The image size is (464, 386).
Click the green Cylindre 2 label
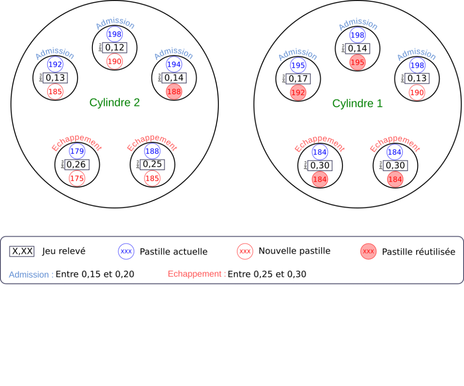coord(115,103)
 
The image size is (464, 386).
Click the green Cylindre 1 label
coord(357,104)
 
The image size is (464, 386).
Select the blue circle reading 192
coord(55,65)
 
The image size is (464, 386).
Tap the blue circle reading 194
coord(174,65)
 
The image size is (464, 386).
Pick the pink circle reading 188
coord(174,92)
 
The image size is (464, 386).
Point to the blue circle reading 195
coord(298,66)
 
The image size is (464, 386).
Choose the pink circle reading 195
coord(357,63)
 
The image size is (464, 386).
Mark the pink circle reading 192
coord(298,92)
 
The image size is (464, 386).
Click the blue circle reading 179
coord(77,151)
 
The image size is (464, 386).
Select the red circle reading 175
coord(77,178)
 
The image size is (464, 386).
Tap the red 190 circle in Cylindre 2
coord(114,61)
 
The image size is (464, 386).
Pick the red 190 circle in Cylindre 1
coord(417,92)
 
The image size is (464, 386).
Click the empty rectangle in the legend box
coord(22,252)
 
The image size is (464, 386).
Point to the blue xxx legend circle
coord(126,252)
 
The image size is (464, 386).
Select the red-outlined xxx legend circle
coord(245,252)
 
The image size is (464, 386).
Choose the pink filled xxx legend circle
coord(368,252)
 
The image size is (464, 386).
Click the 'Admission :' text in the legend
coord(31,275)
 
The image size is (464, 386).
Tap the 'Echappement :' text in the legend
coord(197,274)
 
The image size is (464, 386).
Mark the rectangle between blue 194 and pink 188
coord(174,78)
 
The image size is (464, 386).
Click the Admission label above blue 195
coord(297,55)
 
